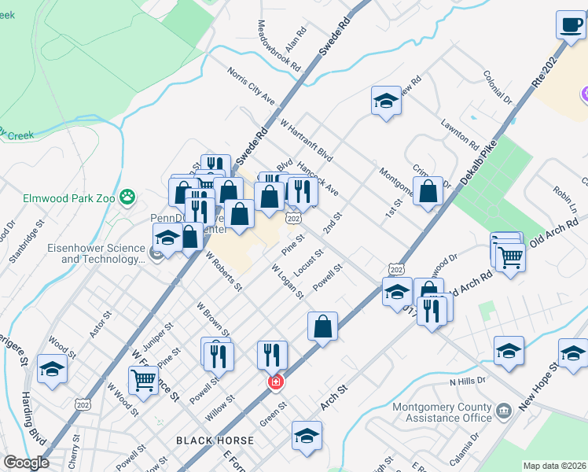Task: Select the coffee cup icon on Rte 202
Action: (x=569, y=24)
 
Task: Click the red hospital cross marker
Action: (x=275, y=382)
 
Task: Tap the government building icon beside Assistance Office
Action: (x=503, y=410)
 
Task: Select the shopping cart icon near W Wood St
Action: (x=143, y=380)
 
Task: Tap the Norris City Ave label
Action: (x=251, y=87)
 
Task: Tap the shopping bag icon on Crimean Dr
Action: (x=428, y=191)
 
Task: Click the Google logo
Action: (x=26, y=463)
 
